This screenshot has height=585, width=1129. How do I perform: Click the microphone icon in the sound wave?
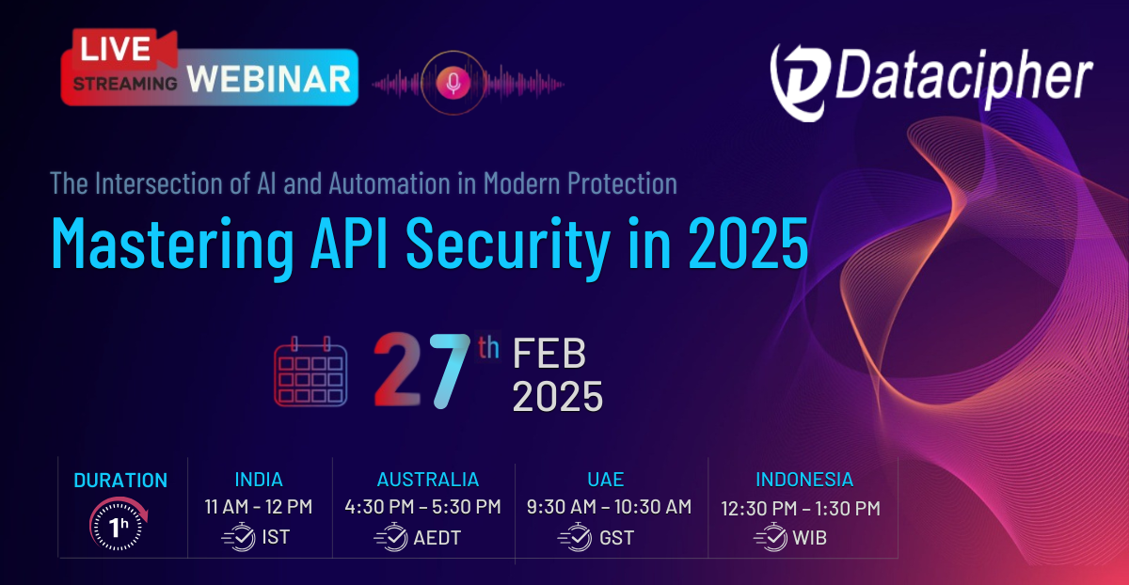click(x=454, y=84)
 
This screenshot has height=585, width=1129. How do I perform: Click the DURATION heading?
click(x=120, y=480)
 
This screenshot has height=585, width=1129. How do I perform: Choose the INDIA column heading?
click(x=258, y=479)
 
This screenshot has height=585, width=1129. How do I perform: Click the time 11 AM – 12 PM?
click(x=258, y=508)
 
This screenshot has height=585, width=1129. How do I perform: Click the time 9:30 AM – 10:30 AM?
click(x=611, y=508)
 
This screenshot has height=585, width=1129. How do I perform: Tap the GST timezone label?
click(x=617, y=539)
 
